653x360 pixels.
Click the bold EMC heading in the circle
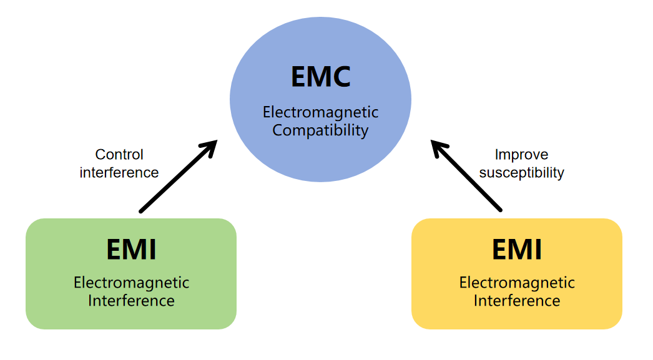(x=320, y=76)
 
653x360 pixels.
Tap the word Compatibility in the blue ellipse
(x=320, y=130)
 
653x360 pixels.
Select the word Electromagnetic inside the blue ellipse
(x=320, y=112)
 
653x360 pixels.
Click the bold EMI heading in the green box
(x=131, y=250)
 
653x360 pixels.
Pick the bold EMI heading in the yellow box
(x=516, y=250)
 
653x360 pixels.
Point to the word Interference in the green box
(x=131, y=301)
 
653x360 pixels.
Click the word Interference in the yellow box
(x=516, y=301)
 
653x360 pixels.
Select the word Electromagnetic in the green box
(x=131, y=283)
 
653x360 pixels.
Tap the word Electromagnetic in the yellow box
(x=516, y=283)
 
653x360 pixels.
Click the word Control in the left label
(x=119, y=154)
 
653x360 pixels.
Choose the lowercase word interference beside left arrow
(x=119, y=172)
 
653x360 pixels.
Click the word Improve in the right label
(x=521, y=154)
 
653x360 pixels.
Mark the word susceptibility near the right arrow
(x=521, y=172)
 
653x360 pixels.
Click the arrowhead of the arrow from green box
(x=211, y=145)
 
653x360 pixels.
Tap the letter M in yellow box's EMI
(x=517, y=250)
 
